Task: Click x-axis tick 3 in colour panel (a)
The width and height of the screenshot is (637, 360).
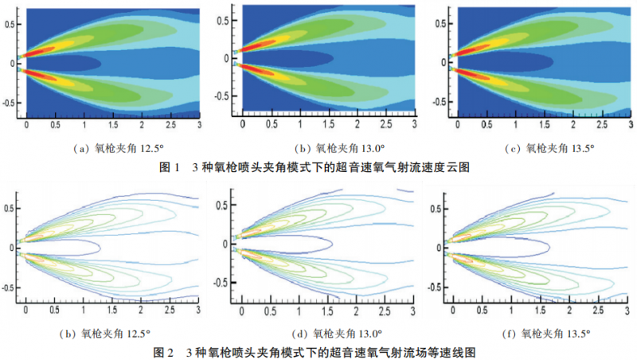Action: pyautogui.click(x=198, y=127)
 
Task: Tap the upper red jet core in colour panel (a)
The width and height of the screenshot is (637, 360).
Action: pyautogui.click(x=40, y=49)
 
